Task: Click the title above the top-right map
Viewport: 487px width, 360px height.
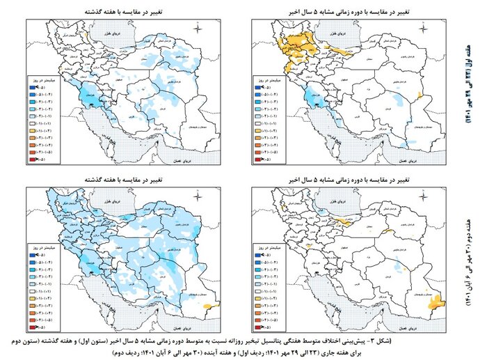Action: point(355,13)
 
